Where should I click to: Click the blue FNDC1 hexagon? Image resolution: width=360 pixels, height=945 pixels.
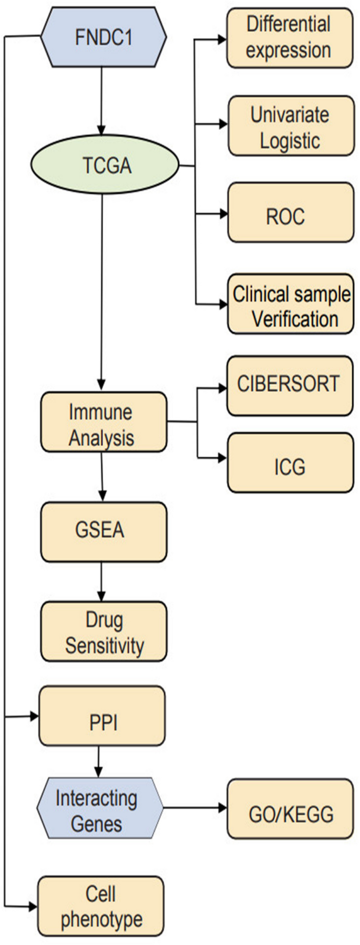[104, 37]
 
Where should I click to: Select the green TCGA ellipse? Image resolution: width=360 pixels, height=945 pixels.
[106, 166]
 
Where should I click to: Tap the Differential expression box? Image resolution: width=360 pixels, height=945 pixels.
[290, 37]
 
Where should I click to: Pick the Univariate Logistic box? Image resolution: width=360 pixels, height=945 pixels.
[291, 126]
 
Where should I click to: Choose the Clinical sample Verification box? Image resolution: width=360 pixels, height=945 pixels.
[291, 304]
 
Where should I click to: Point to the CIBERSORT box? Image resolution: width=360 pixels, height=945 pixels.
[290, 385]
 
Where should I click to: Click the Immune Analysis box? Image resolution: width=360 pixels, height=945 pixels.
[104, 422]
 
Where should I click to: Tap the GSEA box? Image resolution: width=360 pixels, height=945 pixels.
[104, 531]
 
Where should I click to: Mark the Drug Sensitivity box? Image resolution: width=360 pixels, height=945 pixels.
[104, 631]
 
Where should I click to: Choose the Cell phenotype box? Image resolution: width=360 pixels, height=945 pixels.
[100, 906]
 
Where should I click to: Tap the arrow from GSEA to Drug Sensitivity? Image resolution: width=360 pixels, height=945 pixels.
[101, 581]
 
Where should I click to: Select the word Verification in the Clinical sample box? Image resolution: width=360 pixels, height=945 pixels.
[295, 319]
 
